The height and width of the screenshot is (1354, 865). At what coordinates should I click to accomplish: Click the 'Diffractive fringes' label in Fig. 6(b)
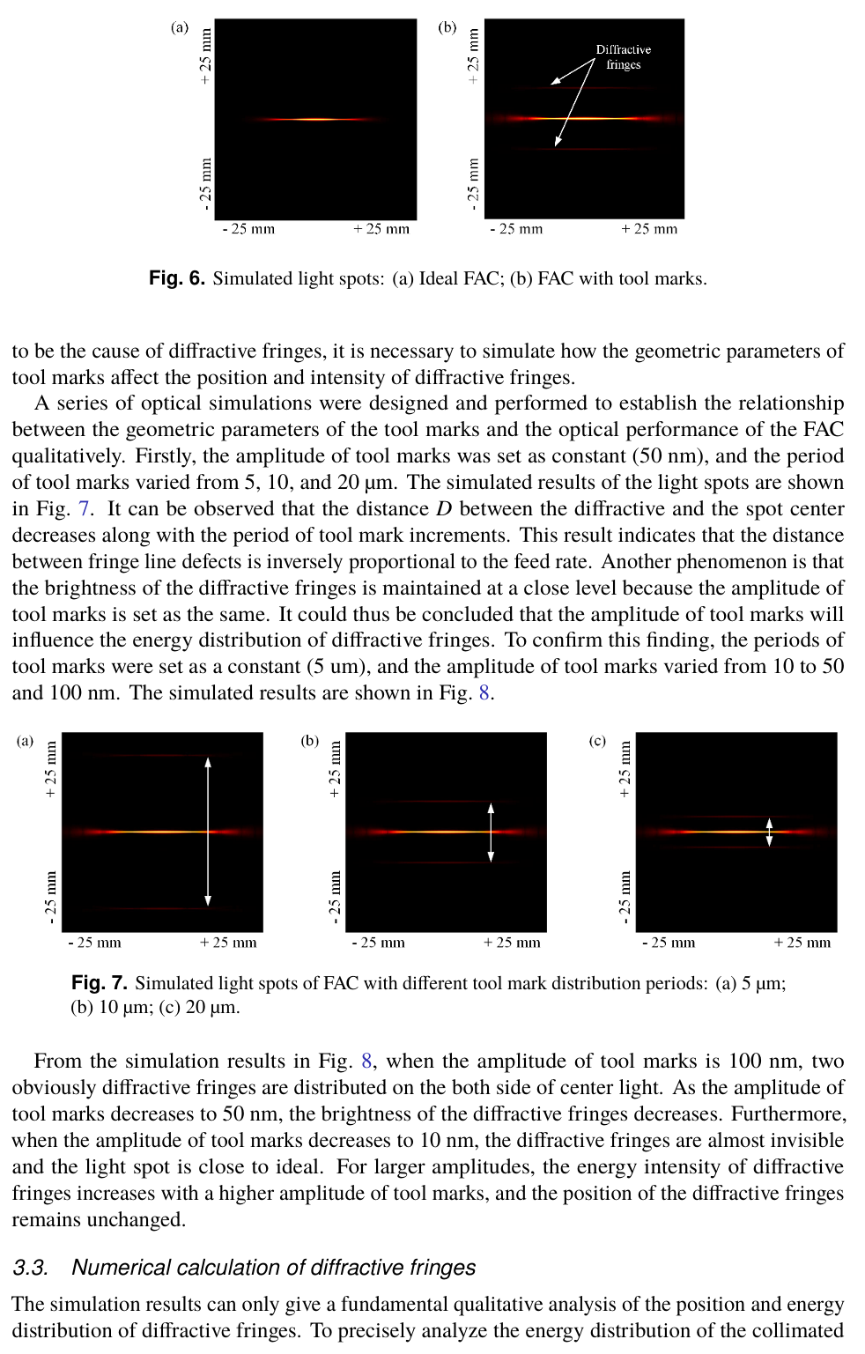coord(623,57)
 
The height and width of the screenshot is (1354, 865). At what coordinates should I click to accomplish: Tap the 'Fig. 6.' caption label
coord(176,278)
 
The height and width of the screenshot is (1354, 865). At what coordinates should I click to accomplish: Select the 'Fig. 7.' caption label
coord(99,983)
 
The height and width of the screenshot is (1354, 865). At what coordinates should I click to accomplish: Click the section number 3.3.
coord(30,1268)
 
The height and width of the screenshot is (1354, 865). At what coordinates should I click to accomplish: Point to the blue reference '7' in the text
coord(84,509)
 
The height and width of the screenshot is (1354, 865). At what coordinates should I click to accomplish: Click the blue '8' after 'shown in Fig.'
coord(484,693)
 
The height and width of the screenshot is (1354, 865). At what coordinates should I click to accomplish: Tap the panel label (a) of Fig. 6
coord(180,27)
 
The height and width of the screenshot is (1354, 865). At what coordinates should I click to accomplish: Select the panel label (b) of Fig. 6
coord(447,27)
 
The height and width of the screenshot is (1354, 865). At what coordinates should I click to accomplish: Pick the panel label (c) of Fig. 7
coord(597,741)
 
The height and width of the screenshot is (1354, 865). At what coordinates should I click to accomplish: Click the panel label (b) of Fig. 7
coord(310,741)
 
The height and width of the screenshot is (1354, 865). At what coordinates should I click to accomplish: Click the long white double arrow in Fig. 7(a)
coord(208,832)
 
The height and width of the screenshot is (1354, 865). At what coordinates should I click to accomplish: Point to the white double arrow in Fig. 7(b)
coord(491,832)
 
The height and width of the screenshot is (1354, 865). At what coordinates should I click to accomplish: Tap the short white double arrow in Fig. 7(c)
coord(769,832)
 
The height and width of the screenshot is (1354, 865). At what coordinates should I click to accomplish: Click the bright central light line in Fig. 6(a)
coord(315,119)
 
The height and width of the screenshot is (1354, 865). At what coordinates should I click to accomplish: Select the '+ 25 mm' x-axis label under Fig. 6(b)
coord(649,229)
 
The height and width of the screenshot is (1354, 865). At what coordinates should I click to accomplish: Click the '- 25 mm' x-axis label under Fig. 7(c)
coord(669,943)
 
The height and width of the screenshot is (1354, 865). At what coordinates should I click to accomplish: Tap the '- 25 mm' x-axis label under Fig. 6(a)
coord(248,229)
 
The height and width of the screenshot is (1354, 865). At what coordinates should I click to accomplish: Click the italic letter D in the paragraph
coord(444,509)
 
